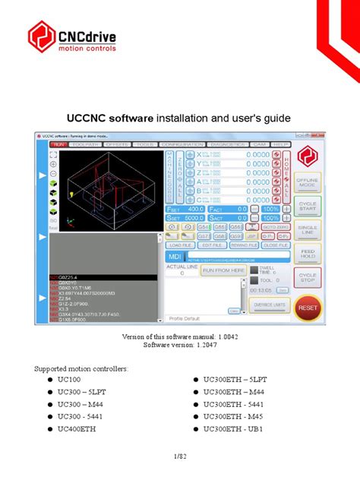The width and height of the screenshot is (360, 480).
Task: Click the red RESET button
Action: click(308, 308)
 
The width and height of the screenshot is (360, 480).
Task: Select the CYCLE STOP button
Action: click(308, 279)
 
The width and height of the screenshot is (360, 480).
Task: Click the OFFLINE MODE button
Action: click(308, 181)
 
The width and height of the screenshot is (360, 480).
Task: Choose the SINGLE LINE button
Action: click(308, 229)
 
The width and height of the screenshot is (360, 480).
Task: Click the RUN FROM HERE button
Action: click(223, 270)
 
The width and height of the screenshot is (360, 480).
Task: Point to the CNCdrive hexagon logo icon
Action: click(42, 37)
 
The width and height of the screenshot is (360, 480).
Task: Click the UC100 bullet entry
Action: click(71, 378)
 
